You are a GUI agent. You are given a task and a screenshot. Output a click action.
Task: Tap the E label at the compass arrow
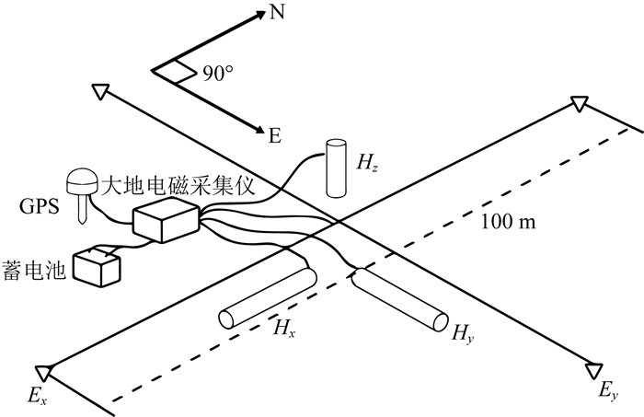pos(274,137)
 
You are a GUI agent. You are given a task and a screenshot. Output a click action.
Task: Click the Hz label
pos(366,166)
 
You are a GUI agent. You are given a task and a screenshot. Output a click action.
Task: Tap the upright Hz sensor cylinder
pos(335,168)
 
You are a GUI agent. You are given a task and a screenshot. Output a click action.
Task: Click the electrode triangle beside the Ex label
pos(45,373)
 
